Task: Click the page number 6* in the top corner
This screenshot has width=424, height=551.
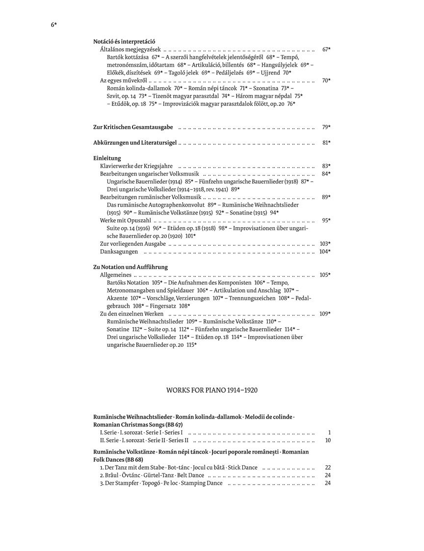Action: pyautogui.click(x=54, y=25)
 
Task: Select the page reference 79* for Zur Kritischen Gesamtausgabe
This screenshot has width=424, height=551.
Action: pyautogui.click(x=326, y=127)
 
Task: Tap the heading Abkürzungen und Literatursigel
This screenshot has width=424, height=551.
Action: pyautogui.click(x=135, y=143)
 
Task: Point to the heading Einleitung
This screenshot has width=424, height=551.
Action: pyautogui.click(x=107, y=158)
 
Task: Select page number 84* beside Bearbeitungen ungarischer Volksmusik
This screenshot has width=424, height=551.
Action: pyautogui.click(x=326, y=174)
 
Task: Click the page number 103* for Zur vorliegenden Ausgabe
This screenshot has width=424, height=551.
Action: pyautogui.click(x=325, y=243)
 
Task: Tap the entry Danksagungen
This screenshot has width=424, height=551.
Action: pyautogui.click(x=119, y=252)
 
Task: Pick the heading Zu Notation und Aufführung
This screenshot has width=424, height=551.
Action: pyautogui.click(x=130, y=267)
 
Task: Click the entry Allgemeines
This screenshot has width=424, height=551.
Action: pyautogui.click(x=116, y=275)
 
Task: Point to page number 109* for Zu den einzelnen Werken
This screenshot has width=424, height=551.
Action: pyautogui.click(x=325, y=314)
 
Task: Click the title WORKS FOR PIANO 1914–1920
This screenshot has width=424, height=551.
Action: pyautogui.click(x=212, y=390)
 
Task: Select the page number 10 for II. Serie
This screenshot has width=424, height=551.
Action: pyautogui.click(x=328, y=440)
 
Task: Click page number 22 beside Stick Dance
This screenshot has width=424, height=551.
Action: pyautogui.click(x=328, y=468)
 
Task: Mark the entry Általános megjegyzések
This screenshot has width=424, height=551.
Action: pyautogui.click(x=130, y=50)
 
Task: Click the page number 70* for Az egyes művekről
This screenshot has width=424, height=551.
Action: pyautogui.click(x=326, y=80)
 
